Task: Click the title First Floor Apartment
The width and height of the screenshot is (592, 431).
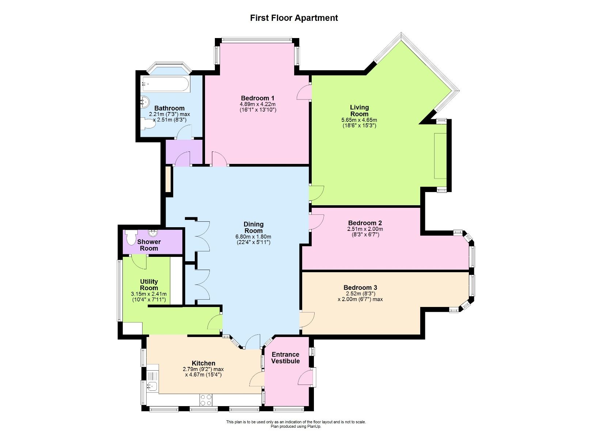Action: tap(294, 18)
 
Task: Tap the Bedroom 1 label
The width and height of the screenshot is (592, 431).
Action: tap(257, 98)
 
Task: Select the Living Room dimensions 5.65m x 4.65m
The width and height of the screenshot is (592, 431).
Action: tap(359, 120)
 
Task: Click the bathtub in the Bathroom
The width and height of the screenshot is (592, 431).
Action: tap(166, 85)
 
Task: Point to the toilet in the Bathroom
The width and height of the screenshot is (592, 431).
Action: tap(148, 124)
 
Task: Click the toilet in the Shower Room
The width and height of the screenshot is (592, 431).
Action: tap(130, 237)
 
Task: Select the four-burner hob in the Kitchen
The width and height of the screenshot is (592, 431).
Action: tap(206, 400)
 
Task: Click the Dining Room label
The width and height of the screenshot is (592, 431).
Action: tap(253, 227)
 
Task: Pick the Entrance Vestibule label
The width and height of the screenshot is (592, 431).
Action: tap(285, 358)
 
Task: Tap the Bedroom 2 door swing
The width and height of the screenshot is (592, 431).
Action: tap(316, 222)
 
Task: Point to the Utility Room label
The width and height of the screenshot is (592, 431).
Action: tap(149, 285)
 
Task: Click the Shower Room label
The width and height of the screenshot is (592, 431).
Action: tap(149, 245)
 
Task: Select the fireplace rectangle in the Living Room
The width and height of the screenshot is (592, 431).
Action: tap(440, 156)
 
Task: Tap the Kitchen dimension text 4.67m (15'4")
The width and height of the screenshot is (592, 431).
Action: tap(204, 375)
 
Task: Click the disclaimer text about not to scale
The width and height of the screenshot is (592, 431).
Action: tap(296, 422)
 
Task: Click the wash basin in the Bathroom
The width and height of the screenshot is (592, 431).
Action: tap(145, 101)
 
